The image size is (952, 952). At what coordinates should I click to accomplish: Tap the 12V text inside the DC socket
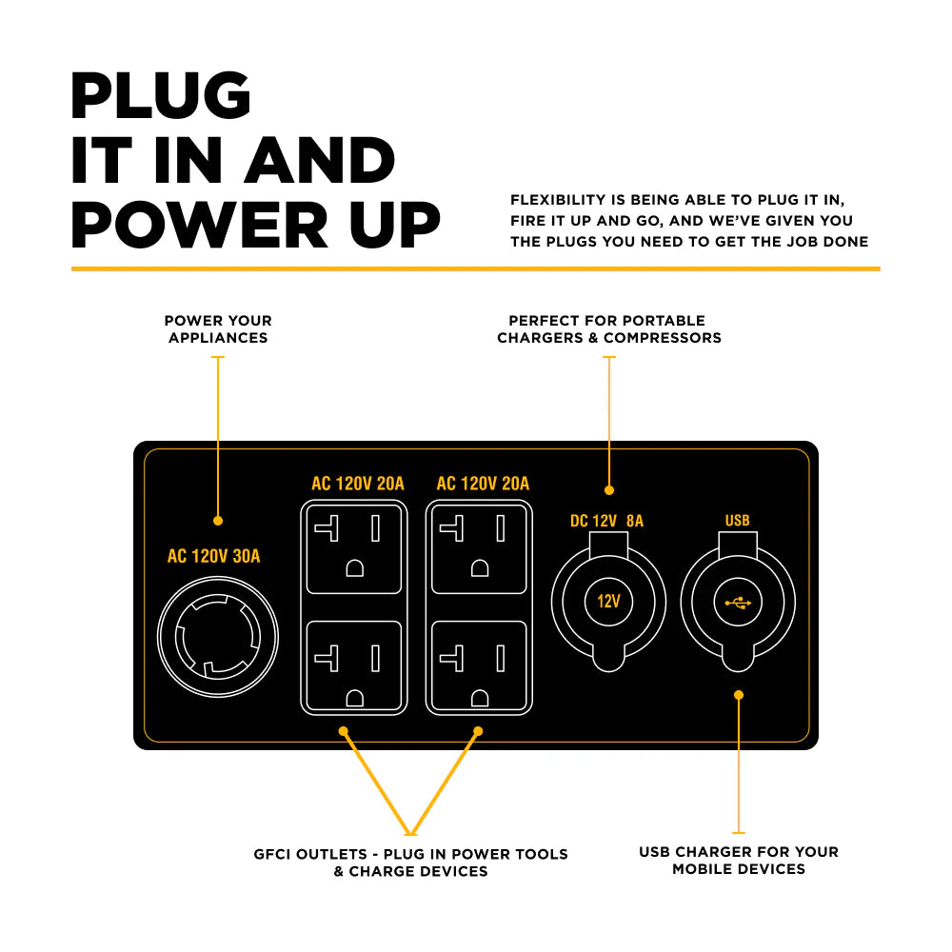click(608, 602)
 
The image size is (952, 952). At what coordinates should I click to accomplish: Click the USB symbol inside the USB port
click(738, 602)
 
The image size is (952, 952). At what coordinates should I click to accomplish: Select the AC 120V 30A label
click(213, 557)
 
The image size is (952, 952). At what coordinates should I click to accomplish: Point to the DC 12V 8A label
click(606, 521)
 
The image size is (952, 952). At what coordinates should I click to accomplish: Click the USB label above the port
click(738, 521)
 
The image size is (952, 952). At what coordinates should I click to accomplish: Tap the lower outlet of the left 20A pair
click(353, 666)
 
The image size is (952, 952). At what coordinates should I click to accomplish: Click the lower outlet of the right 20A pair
click(478, 666)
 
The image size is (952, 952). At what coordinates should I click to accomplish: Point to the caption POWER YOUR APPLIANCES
click(218, 329)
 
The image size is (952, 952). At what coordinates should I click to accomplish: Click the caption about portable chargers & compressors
click(608, 329)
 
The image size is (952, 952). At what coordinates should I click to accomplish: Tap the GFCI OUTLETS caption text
click(410, 863)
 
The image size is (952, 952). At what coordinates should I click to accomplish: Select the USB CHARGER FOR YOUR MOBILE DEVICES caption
click(739, 860)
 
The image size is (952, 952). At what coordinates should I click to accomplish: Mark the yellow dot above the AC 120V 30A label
click(218, 521)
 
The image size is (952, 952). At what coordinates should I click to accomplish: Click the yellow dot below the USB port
click(739, 695)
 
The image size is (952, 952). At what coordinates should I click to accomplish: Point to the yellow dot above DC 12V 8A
click(609, 490)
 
